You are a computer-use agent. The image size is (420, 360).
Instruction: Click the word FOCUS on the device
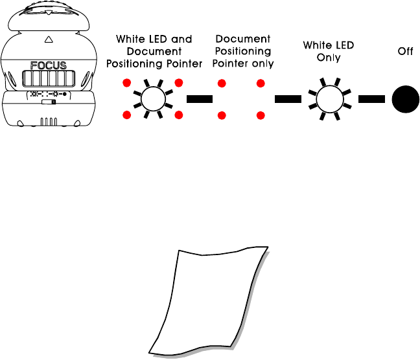(49, 65)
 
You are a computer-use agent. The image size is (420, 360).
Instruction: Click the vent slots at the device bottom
(49, 121)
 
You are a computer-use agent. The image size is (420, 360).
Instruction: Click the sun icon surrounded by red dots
(152, 99)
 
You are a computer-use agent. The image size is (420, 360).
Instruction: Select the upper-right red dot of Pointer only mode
(261, 84)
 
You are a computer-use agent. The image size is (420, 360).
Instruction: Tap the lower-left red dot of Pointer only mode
(222, 115)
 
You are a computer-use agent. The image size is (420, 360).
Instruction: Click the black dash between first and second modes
(200, 100)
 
